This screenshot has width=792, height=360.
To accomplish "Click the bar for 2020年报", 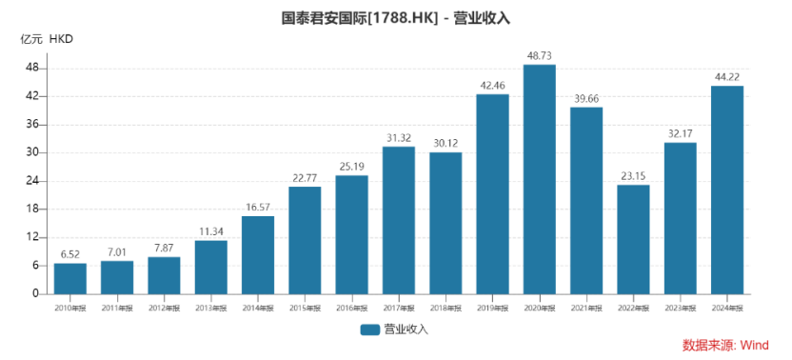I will click(x=540, y=179).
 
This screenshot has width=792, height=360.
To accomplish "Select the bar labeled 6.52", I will click(x=70, y=278).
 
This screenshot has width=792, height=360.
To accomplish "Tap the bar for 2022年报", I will click(x=633, y=239).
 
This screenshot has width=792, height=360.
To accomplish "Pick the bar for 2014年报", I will click(x=258, y=254).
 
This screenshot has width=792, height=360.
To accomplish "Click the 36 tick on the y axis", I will click(x=32, y=125).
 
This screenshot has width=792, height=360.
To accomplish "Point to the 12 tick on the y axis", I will click(x=32, y=237).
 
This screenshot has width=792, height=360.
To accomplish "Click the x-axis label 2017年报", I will click(x=399, y=308).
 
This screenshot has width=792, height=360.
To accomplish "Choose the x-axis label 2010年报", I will click(x=70, y=308).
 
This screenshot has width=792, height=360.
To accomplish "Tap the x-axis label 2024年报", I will click(x=727, y=308).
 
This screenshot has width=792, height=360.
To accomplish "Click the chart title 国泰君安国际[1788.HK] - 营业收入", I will click(x=396, y=18).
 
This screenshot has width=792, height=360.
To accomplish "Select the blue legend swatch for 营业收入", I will click(x=370, y=330).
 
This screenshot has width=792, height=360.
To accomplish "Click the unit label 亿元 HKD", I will click(x=47, y=39).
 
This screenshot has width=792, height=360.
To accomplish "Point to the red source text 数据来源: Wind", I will click(x=725, y=345).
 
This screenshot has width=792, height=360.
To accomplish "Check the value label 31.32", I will click(x=399, y=139).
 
